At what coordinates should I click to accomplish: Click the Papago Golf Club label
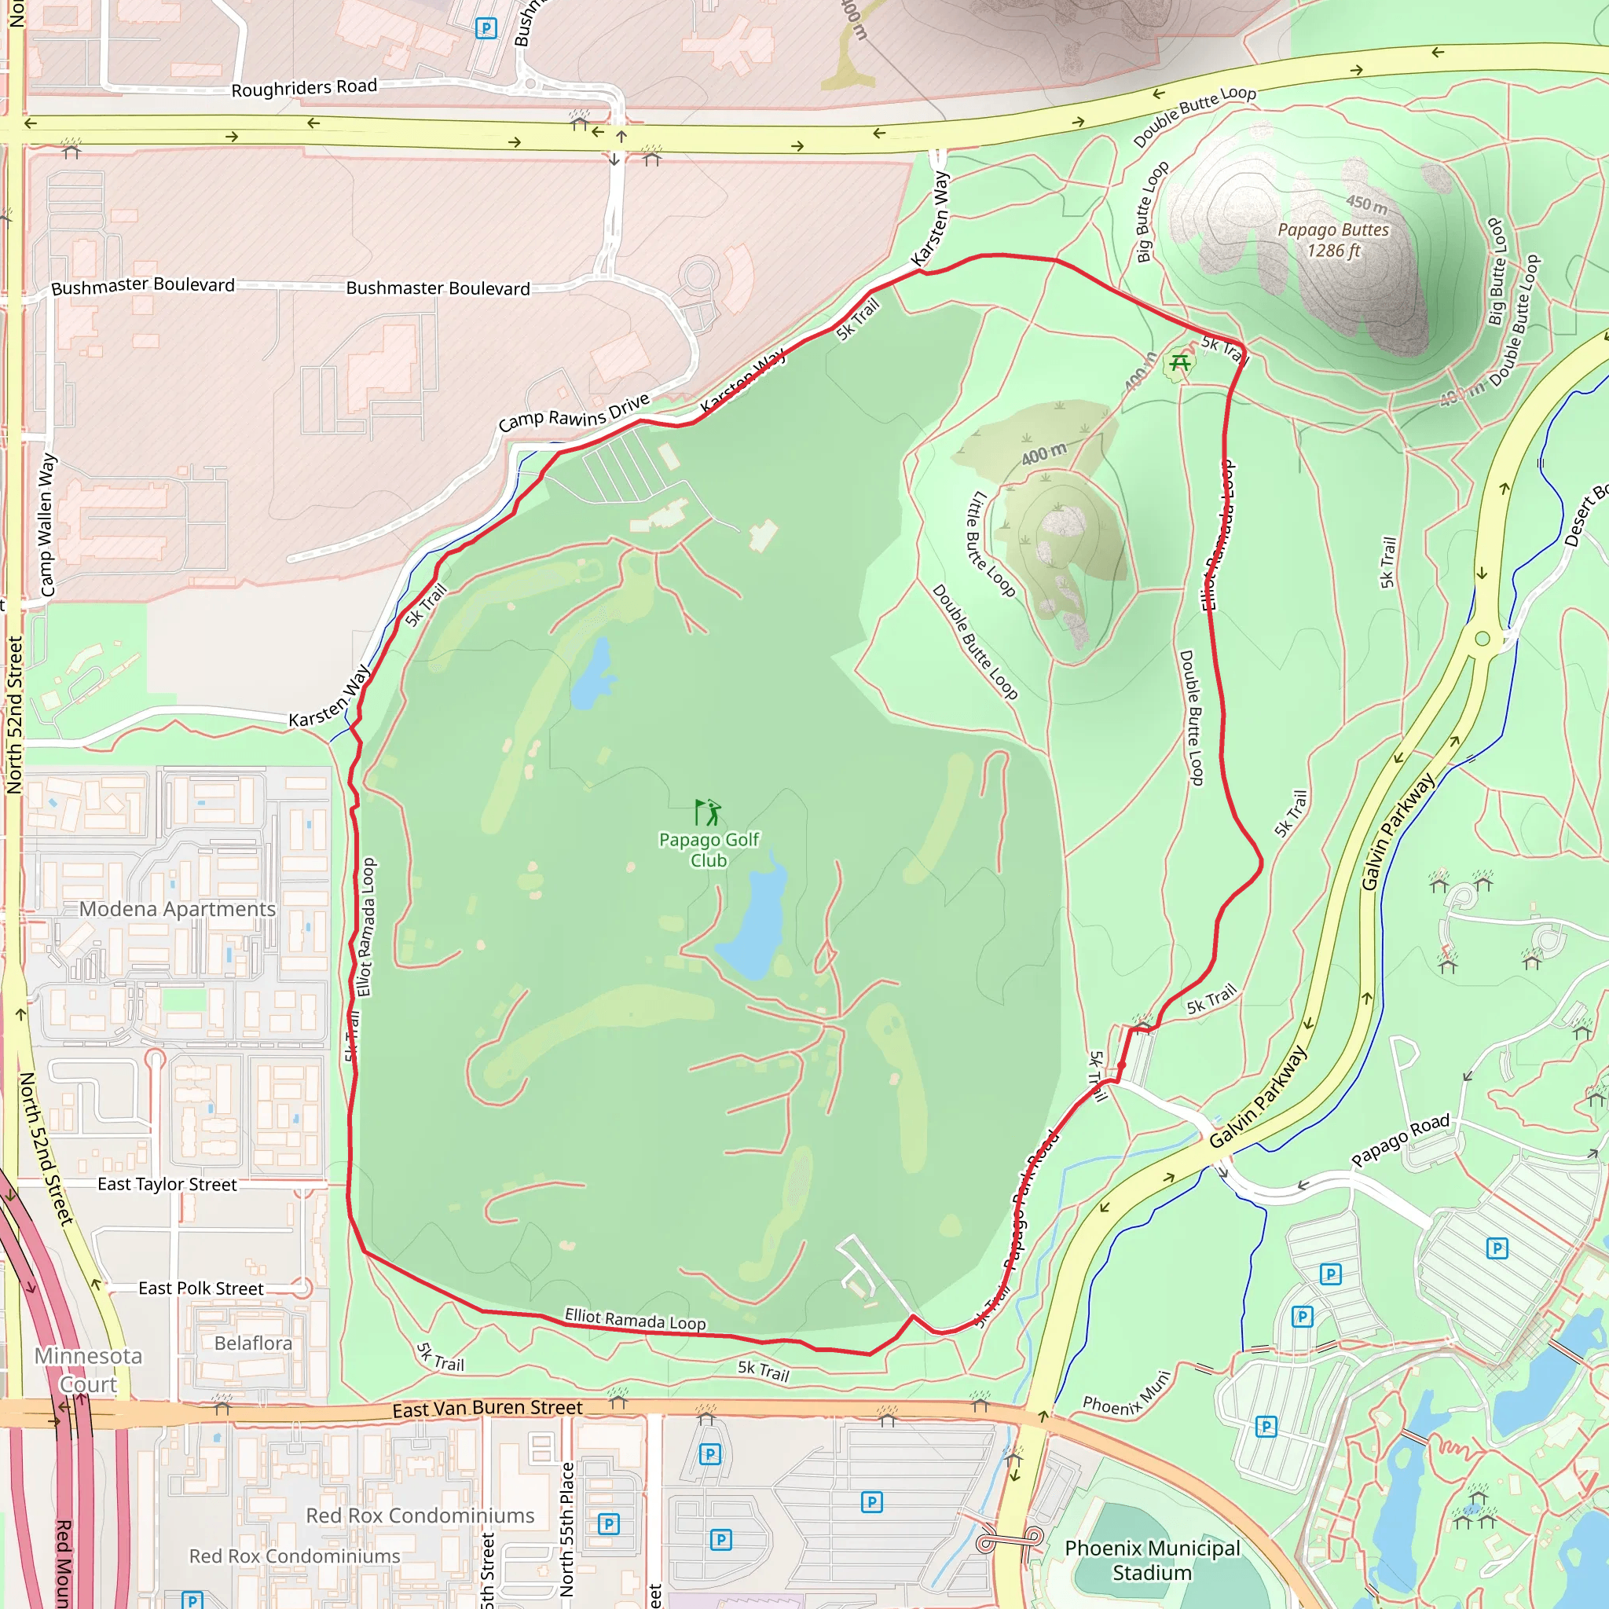[x=709, y=849]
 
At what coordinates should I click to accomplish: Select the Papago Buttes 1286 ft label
[x=1333, y=240]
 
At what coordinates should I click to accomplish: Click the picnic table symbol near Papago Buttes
[x=1179, y=362]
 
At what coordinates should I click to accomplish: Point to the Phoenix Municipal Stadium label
[x=1152, y=1560]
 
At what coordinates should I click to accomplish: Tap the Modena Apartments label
[x=178, y=909]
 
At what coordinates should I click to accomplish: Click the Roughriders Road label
[x=304, y=87]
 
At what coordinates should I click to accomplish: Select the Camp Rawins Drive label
[x=574, y=413]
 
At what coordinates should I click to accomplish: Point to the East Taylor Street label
[x=167, y=1184]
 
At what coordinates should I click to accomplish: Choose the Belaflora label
[x=253, y=1343]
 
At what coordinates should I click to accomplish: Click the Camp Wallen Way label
[x=46, y=525]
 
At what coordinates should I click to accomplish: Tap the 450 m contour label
[x=1367, y=203]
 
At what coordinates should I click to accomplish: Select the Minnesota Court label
[x=87, y=1370]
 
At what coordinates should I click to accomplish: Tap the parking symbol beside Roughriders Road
[x=486, y=28]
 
